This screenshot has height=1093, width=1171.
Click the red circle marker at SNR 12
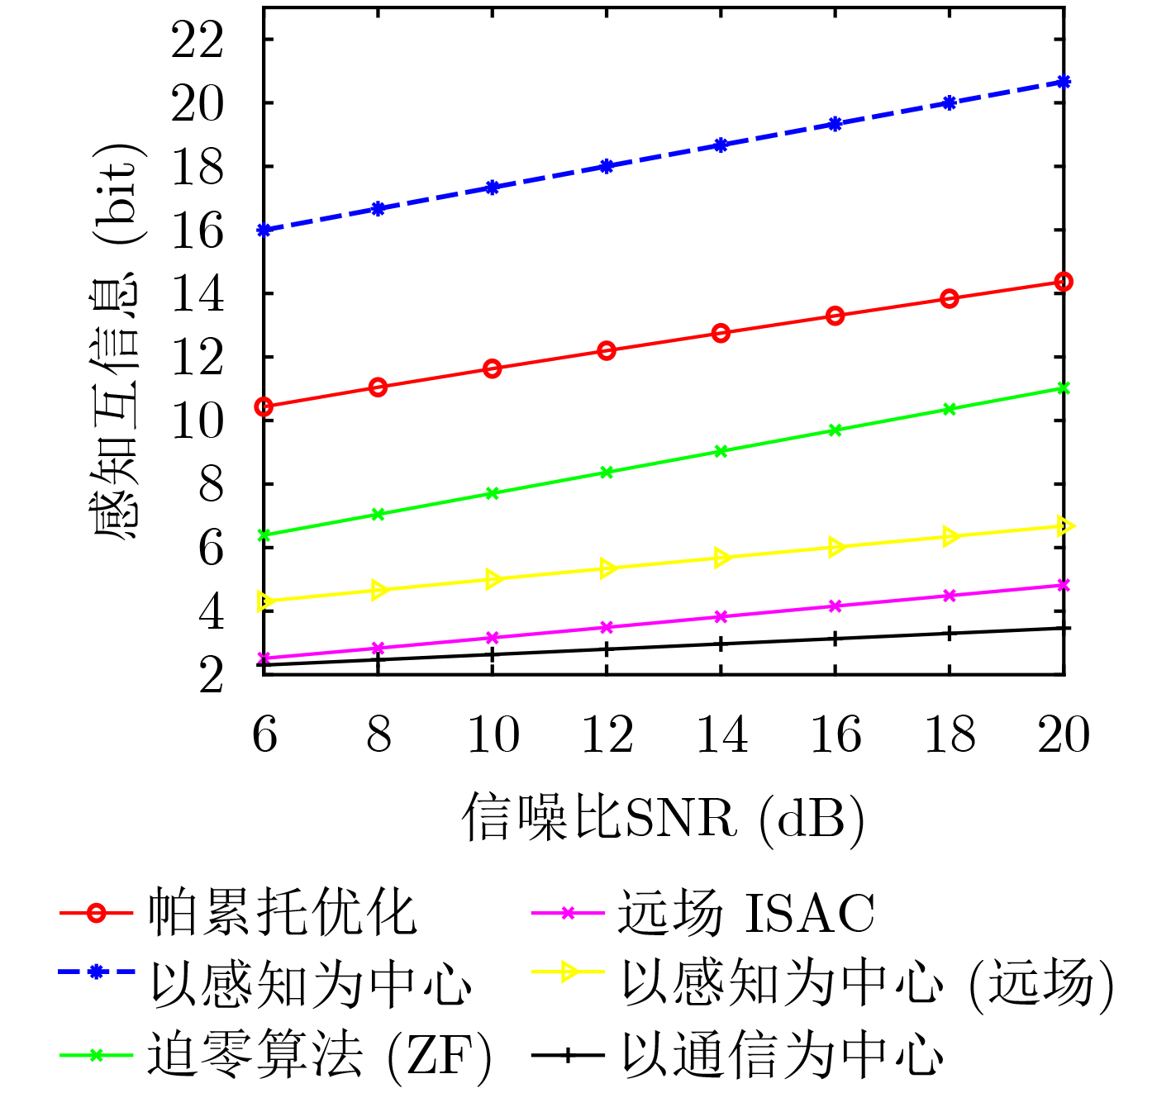607,350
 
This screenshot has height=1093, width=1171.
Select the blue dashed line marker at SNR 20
1064,82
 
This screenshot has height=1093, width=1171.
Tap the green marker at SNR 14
721,451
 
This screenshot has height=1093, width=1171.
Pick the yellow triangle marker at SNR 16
835,547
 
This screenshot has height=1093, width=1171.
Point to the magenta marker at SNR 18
950,596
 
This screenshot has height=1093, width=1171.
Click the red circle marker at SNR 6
264,406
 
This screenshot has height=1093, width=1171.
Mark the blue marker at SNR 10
493,188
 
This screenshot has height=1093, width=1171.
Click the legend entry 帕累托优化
282,914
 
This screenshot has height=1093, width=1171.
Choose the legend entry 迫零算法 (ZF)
319,1056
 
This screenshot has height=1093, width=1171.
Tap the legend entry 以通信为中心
782,1056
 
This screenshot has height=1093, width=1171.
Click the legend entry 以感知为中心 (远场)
868,984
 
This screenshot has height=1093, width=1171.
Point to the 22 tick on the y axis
198,40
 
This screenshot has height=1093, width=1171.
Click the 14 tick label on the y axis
198,294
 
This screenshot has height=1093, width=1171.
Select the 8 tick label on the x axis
378,734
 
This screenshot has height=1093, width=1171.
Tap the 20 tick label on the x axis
1064,734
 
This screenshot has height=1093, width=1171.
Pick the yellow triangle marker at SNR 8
379,590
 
